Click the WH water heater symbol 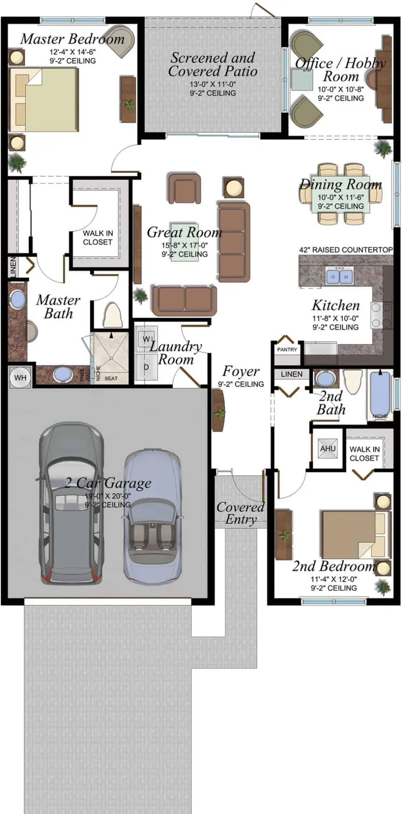[x=20, y=377]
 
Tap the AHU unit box [x=328, y=449]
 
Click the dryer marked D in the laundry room [x=146, y=367]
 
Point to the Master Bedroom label [x=72, y=39]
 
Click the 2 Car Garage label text [x=108, y=483]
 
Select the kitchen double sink [x=340, y=277]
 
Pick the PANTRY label [x=287, y=350]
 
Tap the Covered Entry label [x=241, y=513]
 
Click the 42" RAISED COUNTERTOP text [x=346, y=250]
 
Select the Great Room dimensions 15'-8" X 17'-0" [x=185, y=245]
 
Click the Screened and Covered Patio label [x=212, y=64]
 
